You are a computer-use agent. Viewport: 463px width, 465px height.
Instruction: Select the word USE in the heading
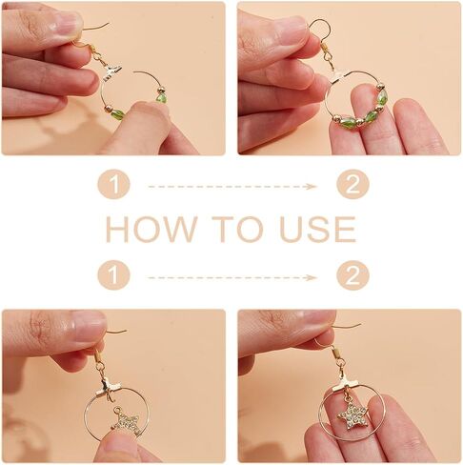pos(318,229)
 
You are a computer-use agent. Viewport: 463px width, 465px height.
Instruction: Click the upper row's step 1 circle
pos(114,184)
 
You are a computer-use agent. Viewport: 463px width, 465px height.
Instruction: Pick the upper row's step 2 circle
pos(352,184)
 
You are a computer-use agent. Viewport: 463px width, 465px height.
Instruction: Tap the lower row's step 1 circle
pos(114,274)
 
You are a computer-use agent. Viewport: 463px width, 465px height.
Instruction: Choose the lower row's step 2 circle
pos(352,275)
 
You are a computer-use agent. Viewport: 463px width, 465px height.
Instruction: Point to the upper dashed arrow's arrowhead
pos(312,187)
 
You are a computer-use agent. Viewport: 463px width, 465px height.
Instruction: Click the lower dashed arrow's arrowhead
pos(312,278)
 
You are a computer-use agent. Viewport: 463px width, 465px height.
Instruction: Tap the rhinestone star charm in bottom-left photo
pos(127,420)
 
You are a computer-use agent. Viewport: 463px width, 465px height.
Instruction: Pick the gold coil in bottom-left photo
pos(98,354)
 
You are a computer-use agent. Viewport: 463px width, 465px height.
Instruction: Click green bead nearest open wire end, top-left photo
pos(161,97)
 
